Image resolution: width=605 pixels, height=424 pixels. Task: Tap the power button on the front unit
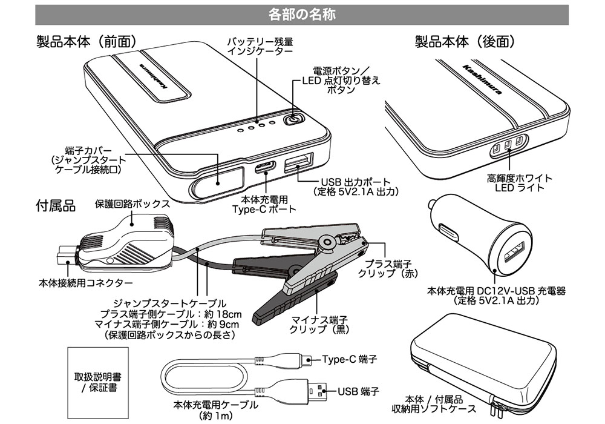(293, 119)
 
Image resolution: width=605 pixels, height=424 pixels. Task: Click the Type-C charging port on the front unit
(267, 167)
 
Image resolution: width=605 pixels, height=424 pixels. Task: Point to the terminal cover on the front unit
(219, 180)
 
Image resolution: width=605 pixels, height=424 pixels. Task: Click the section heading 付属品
(56, 207)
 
